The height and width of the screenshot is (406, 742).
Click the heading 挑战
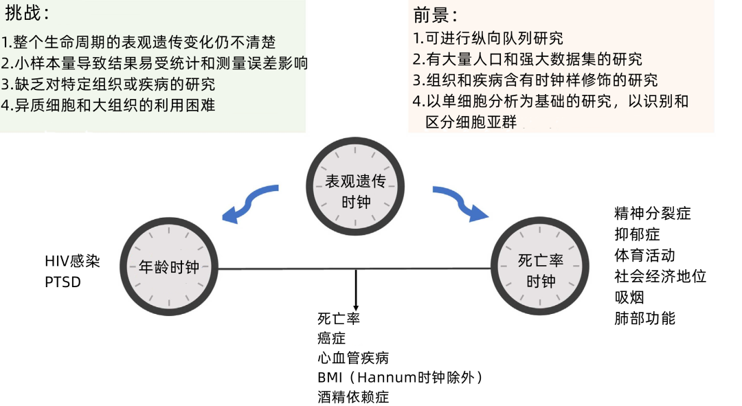(x=26, y=13)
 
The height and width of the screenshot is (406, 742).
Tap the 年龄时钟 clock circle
(x=168, y=266)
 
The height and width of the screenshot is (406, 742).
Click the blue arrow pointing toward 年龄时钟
(x=251, y=203)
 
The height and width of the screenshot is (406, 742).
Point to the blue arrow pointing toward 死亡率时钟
(x=460, y=203)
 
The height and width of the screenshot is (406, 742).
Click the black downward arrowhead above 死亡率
(x=356, y=305)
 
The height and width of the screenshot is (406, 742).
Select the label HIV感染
(x=72, y=262)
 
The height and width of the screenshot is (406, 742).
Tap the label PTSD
(x=63, y=282)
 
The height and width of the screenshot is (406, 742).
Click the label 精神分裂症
(x=652, y=213)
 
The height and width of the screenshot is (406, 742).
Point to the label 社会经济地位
(x=660, y=276)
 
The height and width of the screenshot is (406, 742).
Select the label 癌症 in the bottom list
(x=331, y=338)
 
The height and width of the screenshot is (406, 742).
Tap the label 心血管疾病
(x=353, y=358)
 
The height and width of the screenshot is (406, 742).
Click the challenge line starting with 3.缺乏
(x=109, y=84)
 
